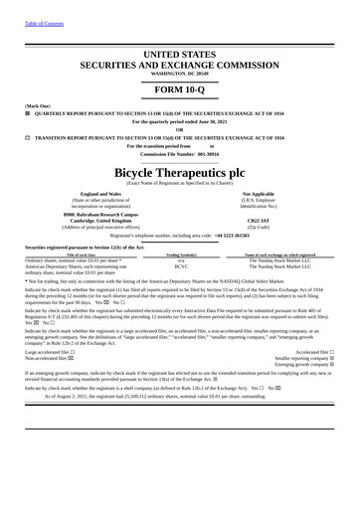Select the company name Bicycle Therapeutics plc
coord(179,171)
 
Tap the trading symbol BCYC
coord(181,266)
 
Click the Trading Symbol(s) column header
coord(181,254)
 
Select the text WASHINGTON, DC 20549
coord(179,74)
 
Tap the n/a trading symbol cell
coord(181,260)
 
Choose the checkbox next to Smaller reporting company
coord(331,358)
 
